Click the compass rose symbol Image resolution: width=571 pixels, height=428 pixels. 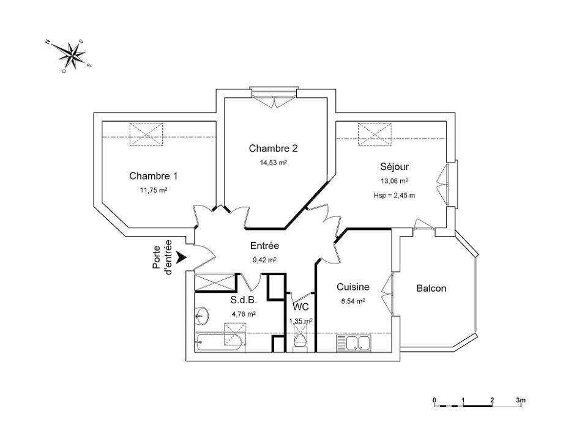pyautogui.click(x=73, y=55)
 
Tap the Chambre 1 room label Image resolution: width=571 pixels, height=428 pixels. pyautogui.click(x=154, y=176)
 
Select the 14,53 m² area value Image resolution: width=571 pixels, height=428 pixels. pyautogui.click(x=273, y=163)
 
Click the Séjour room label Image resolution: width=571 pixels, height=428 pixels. pyautogui.click(x=394, y=167)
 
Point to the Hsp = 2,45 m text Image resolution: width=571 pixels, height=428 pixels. pyautogui.click(x=394, y=196)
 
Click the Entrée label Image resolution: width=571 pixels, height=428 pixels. pyautogui.click(x=265, y=246)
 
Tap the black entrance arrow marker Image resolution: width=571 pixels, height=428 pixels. pyautogui.click(x=181, y=257)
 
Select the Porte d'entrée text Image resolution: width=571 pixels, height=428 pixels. pyautogui.click(x=162, y=257)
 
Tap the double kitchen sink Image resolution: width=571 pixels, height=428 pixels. pyautogui.click(x=353, y=344)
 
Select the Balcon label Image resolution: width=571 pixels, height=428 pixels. pyautogui.click(x=431, y=288)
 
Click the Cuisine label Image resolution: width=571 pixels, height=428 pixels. pyautogui.click(x=353, y=287)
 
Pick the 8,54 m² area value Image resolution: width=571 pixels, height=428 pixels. pyautogui.click(x=353, y=301)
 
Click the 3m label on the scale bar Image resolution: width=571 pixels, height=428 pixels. pyautogui.click(x=521, y=400)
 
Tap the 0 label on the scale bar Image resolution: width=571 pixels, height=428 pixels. pyautogui.click(x=435, y=400)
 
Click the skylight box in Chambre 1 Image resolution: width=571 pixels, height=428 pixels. pyautogui.click(x=146, y=135)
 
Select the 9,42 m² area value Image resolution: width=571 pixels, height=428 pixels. pyautogui.click(x=264, y=260)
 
